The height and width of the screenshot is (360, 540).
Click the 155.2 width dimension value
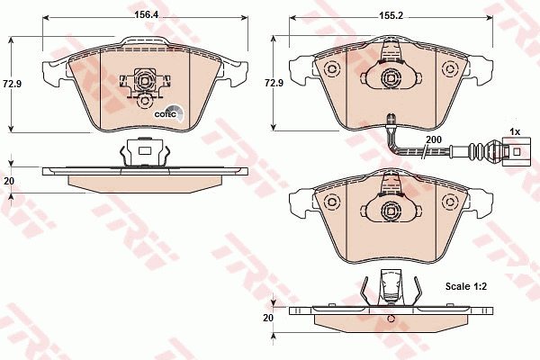click(x=391, y=15)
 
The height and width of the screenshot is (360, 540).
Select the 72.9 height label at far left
click(x=13, y=84)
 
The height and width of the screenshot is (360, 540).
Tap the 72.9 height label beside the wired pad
click(x=274, y=83)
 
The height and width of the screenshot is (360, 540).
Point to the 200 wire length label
click(x=434, y=139)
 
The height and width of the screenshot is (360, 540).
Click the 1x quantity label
click(x=515, y=131)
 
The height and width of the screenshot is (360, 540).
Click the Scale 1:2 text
click(x=466, y=286)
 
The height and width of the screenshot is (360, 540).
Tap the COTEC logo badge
click(x=169, y=113)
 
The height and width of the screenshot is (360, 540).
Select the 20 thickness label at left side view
click(x=8, y=180)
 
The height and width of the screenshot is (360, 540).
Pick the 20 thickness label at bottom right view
click(x=268, y=318)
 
